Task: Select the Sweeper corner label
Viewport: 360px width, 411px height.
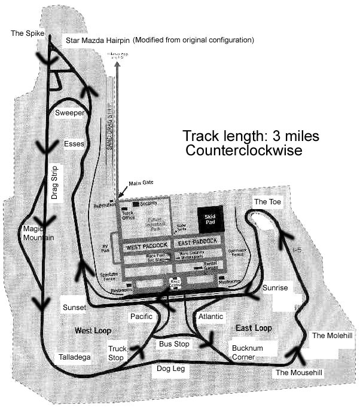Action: click(x=70, y=112)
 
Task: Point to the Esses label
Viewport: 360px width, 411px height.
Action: click(x=74, y=144)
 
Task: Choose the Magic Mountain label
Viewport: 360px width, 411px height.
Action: click(x=38, y=233)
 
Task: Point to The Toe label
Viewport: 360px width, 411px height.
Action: click(x=267, y=202)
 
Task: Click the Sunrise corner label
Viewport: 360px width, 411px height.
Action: click(x=275, y=288)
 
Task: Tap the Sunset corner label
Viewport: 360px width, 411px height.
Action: click(x=74, y=307)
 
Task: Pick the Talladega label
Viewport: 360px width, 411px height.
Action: click(x=74, y=357)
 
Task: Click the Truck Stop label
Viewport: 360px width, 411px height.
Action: click(x=117, y=353)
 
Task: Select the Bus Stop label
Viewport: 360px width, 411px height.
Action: click(x=173, y=344)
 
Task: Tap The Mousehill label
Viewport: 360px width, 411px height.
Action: click(x=299, y=373)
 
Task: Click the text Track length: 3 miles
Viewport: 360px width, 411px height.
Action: click(x=251, y=136)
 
